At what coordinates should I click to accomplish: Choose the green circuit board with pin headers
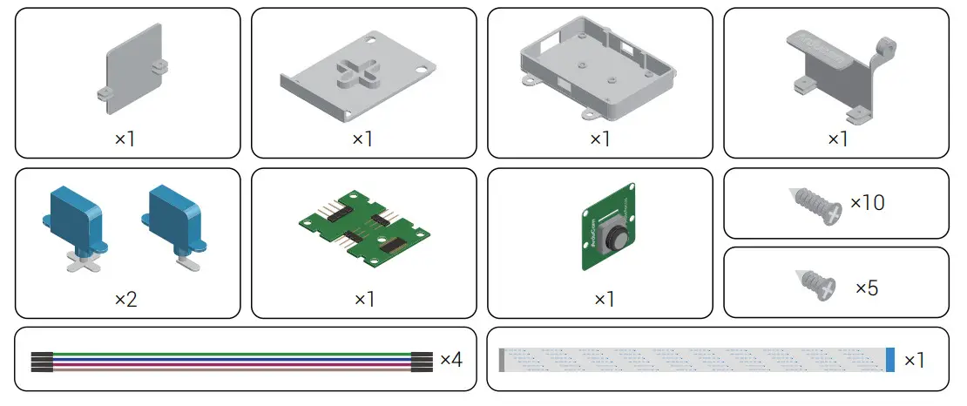[x=364, y=233]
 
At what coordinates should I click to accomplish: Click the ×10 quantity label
[x=867, y=203]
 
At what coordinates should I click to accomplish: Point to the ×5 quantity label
[x=866, y=287]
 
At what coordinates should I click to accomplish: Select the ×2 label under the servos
[x=126, y=300]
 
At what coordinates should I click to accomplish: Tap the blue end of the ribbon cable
[x=889, y=360]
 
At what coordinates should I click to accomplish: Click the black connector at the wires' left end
[x=41, y=362]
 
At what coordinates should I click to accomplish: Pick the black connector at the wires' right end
[x=421, y=362]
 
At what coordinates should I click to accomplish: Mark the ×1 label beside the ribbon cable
[x=915, y=360]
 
